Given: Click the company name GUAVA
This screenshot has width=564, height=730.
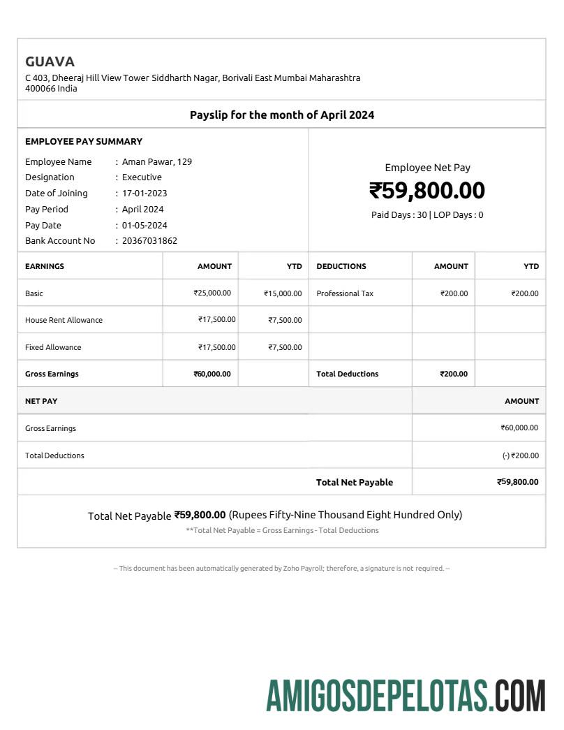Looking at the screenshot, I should coord(50,61).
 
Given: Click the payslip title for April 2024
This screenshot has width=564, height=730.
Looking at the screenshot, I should coord(282,115).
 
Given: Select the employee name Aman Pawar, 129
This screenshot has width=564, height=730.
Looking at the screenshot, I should coord(157,161).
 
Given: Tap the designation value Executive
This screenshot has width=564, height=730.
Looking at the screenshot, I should coord(142,177).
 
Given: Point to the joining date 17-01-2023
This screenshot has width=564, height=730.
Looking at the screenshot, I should coord(144,194).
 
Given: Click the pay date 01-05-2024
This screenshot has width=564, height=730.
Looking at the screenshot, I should coord(144,226).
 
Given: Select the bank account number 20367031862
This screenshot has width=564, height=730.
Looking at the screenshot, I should coord(149,241).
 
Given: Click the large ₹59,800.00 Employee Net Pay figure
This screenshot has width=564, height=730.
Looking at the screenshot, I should coord(427,191).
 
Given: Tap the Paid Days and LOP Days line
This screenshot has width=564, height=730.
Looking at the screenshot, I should coord(427,215).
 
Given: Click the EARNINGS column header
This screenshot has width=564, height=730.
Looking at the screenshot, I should coord(45,266).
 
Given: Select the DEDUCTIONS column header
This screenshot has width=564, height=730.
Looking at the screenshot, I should coord(341,266).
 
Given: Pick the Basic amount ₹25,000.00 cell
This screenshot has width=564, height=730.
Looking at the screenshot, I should coord(212,293).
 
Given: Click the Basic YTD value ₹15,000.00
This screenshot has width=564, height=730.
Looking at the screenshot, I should coord(283,294).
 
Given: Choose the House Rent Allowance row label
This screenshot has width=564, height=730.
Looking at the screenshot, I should coord(64,320).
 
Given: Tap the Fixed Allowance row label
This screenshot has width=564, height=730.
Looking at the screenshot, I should coord(53,347).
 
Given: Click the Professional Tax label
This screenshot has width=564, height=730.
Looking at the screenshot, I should coord(345,293).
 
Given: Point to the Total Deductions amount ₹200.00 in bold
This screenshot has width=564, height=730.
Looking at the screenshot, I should coord(454,374).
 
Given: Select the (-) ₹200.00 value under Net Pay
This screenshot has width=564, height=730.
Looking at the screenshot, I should coord(520,455).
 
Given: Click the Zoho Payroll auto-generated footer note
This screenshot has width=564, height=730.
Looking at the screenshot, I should coord(282,569).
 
